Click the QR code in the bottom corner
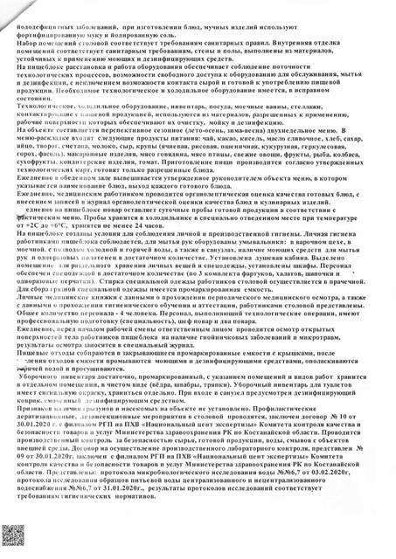point(17,542)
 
